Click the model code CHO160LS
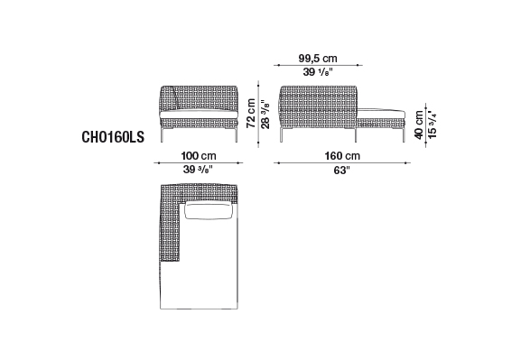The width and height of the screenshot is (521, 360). tap(113, 137)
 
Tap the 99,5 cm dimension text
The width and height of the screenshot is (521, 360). tap(318, 59)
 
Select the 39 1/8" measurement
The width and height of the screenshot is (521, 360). tap(318, 72)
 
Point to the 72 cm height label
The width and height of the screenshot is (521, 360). tap(251, 114)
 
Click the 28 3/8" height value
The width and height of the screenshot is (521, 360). tap(265, 115)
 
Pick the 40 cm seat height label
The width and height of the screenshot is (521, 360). tap(419, 125)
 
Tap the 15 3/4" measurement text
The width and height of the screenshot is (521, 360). tap(432, 125)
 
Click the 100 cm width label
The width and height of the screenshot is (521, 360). tap(199, 156)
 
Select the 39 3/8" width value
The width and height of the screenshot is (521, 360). tap(198, 170)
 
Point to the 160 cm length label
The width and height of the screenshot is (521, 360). tap(342, 156)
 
